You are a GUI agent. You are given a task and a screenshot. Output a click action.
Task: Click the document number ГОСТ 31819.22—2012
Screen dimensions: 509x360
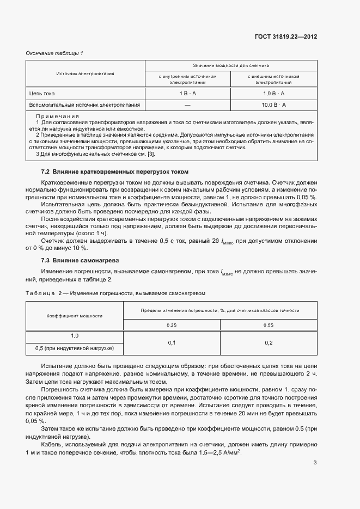coord(286,37)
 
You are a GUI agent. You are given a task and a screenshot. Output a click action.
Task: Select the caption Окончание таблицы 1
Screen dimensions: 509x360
coord(54,53)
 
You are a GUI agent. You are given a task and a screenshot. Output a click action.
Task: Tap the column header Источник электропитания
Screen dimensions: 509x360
coord(85,73)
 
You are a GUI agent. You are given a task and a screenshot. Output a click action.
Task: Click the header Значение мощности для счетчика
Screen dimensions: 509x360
coord(231,65)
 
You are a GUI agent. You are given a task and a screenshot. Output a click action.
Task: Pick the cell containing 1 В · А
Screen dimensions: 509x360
coord(187,94)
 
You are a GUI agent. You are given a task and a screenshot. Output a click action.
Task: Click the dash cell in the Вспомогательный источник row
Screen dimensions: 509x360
coord(187,105)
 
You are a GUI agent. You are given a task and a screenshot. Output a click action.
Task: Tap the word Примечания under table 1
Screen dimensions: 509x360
coord(57,116)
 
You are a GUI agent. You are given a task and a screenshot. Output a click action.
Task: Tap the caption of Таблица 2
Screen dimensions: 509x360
coord(115,292)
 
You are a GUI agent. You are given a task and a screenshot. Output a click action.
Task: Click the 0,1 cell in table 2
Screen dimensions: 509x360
coord(172,342)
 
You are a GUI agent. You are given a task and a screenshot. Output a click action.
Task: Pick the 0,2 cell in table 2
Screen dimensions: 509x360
coord(269,342)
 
